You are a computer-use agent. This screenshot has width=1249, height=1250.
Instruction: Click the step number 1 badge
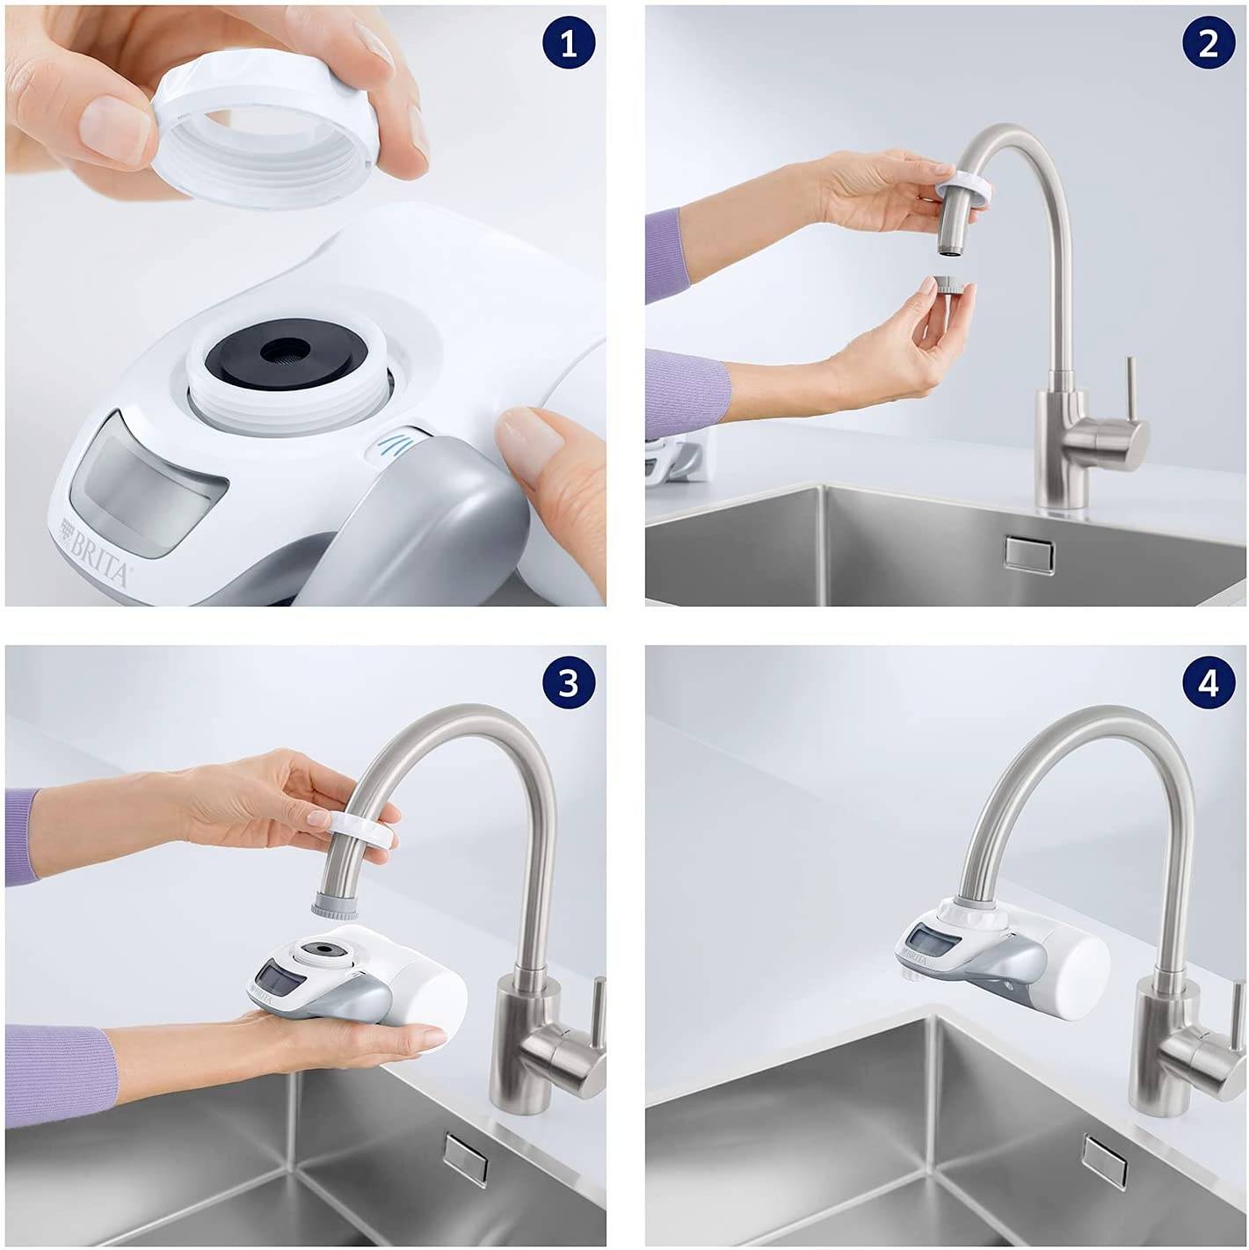point(569,43)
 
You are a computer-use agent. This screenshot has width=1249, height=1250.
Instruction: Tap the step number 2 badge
point(1209,43)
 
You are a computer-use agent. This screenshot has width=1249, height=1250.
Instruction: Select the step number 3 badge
point(569,682)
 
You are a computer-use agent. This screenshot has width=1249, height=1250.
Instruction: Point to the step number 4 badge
point(1209,682)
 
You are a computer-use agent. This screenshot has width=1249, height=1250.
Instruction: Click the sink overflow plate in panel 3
point(466,1157)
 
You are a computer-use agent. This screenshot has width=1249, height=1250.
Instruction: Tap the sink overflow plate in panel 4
point(1106,1160)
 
